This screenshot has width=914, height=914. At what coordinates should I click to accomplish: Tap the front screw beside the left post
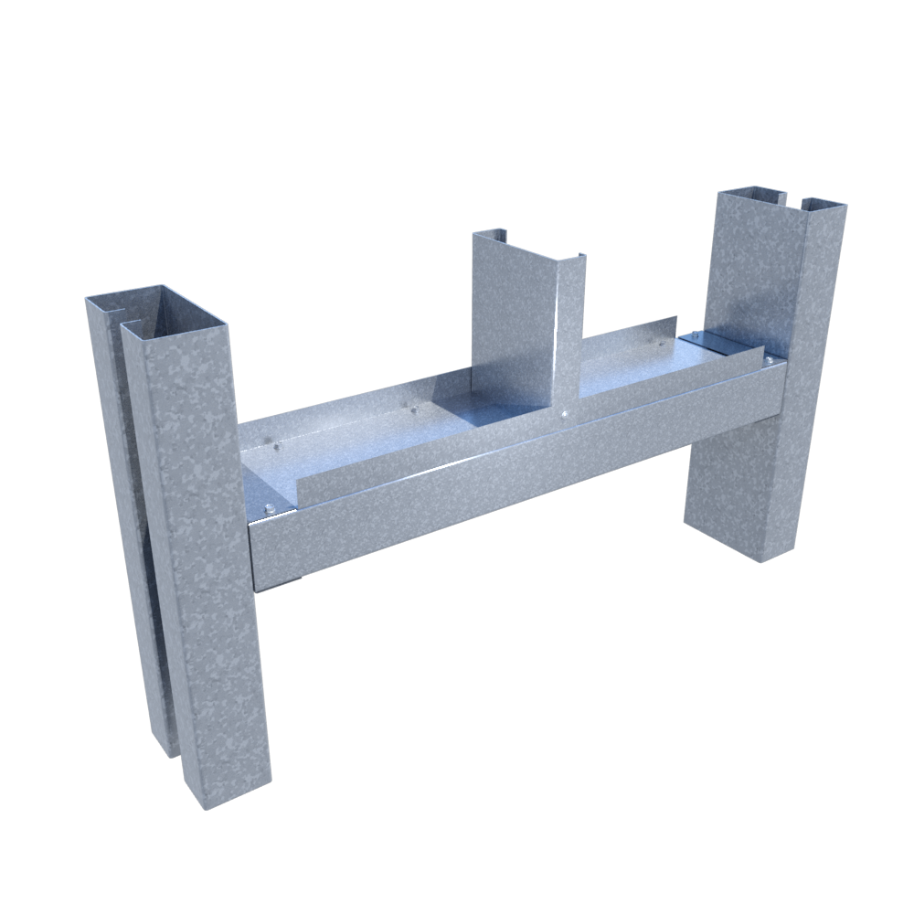271,508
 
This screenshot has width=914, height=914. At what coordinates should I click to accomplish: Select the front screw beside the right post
770,362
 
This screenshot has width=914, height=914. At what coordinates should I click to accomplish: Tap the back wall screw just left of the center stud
416,409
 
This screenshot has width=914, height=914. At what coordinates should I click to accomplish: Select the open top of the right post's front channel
823,203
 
